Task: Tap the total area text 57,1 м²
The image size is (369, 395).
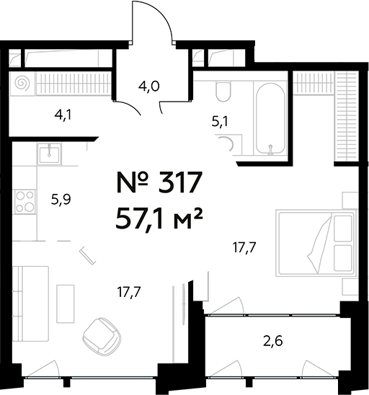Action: point(158,215)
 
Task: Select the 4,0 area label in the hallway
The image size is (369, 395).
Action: point(148,88)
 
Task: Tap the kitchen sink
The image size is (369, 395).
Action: point(48,153)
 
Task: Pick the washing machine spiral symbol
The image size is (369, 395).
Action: point(22,84)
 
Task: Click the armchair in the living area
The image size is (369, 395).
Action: point(99,334)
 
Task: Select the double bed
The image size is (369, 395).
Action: point(316,243)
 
